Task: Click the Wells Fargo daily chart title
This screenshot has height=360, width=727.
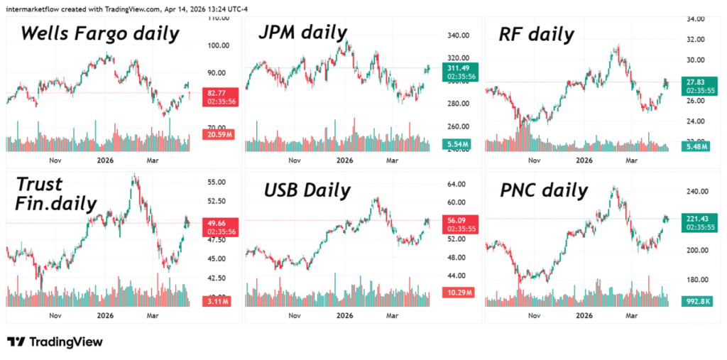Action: (99, 33)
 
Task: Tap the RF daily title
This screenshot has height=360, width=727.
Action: (535, 33)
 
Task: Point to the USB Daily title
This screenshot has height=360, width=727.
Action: (307, 190)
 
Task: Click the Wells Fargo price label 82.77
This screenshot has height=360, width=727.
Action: (217, 93)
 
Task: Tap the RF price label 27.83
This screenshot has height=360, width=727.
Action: (695, 82)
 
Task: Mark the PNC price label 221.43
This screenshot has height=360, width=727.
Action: (696, 218)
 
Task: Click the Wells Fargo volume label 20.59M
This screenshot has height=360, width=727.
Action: (218, 134)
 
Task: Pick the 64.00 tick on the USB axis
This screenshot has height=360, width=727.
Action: (456, 184)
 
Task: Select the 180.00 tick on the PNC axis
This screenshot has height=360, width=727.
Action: (696, 280)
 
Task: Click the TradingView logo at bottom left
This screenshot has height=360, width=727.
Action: (55, 342)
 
